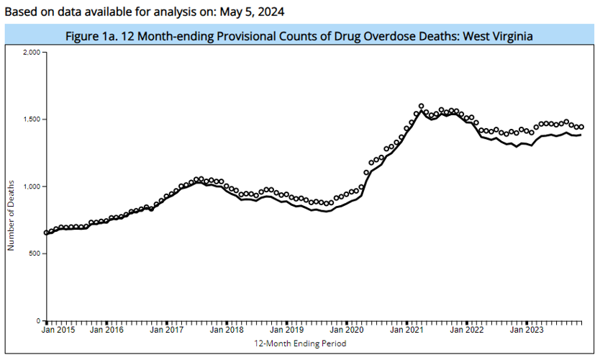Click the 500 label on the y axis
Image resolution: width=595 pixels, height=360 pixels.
coord(34,253)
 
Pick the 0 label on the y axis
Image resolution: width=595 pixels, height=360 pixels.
coord(39,320)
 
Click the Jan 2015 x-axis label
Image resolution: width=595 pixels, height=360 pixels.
coord(58,330)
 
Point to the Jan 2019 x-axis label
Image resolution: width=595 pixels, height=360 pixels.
coord(286,330)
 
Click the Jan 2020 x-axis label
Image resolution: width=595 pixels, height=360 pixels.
coord(347,330)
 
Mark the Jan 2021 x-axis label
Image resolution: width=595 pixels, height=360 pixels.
coord(406,330)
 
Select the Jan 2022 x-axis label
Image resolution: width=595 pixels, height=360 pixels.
coord(467,330)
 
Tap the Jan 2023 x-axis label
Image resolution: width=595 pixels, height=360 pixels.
coord(527,330)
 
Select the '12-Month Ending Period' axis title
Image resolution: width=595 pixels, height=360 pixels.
coord(300,343)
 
